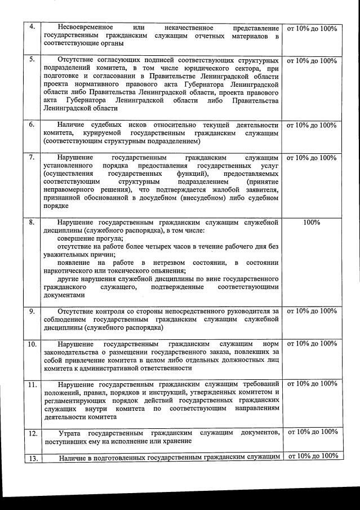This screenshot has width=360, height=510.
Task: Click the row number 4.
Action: [x=32, y=27]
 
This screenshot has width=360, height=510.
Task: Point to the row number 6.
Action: [x=32, y=125]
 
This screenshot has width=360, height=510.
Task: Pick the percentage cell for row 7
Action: [x=312, y=158]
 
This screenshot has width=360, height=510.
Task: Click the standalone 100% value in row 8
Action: [x=312, y=223]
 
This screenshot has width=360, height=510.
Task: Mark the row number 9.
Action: [x=32, y=311]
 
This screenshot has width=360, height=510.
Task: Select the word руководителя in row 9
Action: [x=248, y=311]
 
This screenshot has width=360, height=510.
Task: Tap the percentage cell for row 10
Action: [x=312, y=344]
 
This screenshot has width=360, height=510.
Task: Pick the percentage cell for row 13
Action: [x=312, y=456]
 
